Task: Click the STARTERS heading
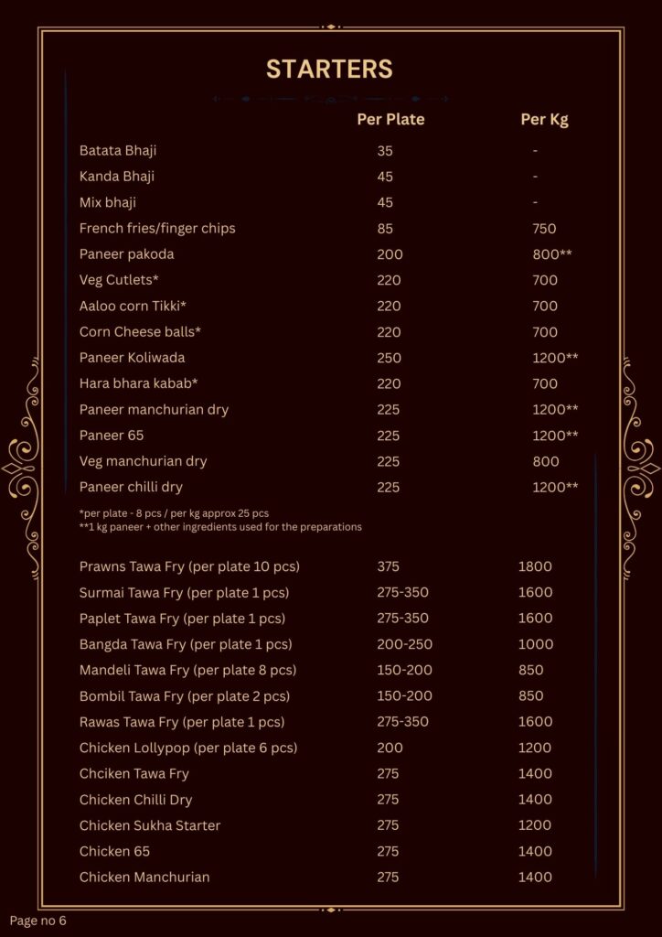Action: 329,69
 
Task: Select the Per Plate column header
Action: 390,119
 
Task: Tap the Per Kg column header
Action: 544,119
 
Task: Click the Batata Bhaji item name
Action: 118,150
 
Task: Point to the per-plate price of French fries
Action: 385,228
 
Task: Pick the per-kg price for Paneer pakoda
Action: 551,253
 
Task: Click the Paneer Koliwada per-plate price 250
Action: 390,357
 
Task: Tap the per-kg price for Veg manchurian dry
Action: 545,461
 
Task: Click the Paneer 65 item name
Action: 112,435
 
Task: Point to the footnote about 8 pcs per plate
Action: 174,512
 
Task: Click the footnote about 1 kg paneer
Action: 220,526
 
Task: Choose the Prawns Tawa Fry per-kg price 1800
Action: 535,566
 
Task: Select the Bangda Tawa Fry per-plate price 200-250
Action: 402,644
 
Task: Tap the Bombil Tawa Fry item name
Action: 185,695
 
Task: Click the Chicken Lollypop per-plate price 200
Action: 390,748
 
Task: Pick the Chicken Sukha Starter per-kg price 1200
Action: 535,825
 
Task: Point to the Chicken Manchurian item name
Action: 144,877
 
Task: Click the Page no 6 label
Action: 37,920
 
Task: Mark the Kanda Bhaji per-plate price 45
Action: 385,176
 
